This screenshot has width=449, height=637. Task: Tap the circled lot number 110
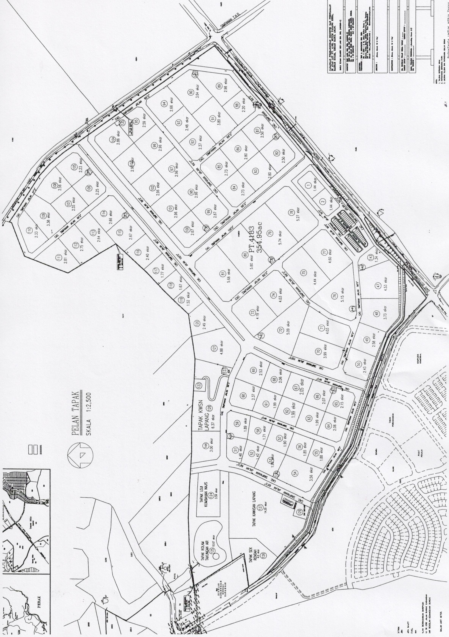(29, 231)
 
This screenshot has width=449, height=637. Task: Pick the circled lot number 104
(113, 140)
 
